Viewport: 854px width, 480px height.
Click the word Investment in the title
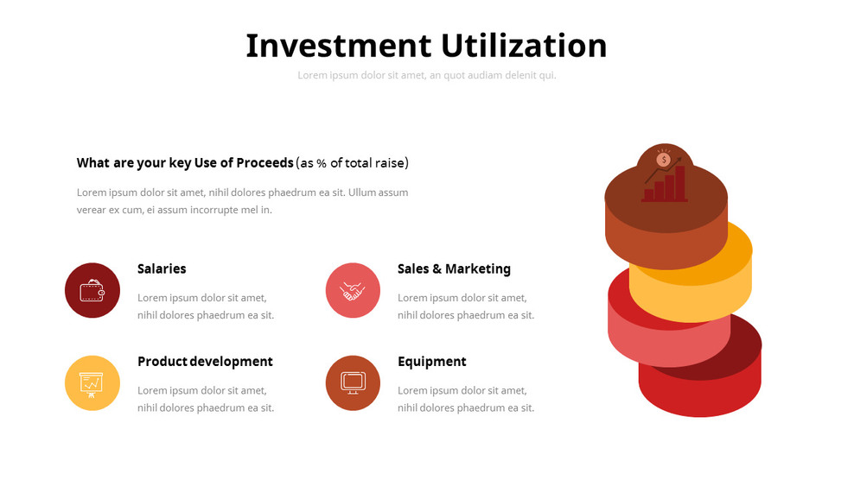338,46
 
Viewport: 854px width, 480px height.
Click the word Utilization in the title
524,46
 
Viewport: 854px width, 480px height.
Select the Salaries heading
162,268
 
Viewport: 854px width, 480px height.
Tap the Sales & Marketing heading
454,268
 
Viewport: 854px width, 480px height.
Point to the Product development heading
205,361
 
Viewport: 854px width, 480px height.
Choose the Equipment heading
431,361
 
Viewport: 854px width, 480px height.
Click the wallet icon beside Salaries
92,290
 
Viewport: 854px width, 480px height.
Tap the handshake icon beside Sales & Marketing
353,290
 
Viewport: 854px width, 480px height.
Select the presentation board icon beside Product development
92,382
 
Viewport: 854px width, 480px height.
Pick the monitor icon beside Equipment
353,382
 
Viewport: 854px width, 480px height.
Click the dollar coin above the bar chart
664,159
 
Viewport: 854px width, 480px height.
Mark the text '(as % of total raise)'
352,162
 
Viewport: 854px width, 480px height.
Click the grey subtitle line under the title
427,75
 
